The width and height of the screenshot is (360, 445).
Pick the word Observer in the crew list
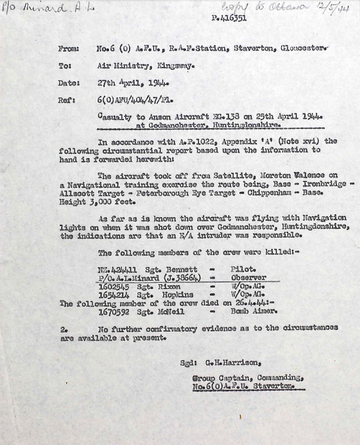pyautogui.click(x=248, y=278)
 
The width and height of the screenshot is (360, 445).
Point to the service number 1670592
pyautogui.click(x=114, y=312)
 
